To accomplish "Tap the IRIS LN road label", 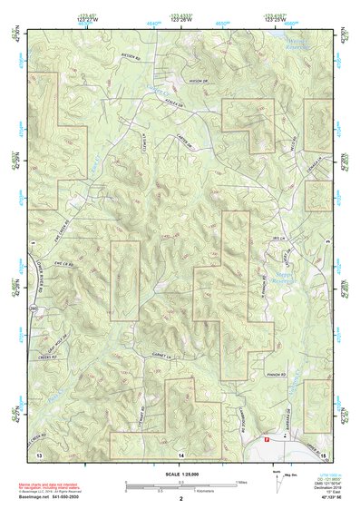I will tap(278, 239).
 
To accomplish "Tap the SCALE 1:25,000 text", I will tap(180, 474).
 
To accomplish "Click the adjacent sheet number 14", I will tap(180, 453).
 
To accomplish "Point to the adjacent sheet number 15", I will tap(323, 452).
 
